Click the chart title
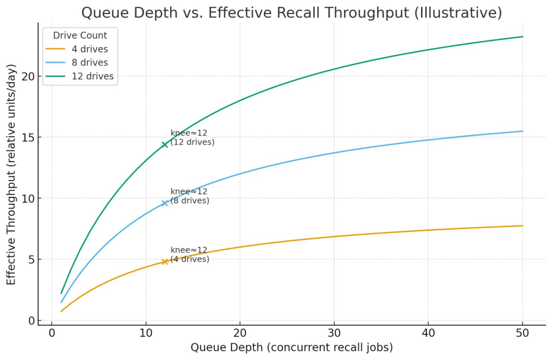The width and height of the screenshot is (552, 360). [291, 13]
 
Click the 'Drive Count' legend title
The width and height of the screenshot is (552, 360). [80, 35]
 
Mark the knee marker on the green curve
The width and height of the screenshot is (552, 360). [164, 144]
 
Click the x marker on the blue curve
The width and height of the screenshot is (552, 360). [164, 203]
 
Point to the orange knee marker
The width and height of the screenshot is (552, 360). [164, 261]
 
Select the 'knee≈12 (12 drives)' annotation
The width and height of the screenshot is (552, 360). [192, 137]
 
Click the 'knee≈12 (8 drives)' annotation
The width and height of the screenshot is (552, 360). [190, 196]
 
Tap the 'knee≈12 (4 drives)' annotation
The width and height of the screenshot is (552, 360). [190, 254]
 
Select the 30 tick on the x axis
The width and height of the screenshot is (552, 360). [334, 333]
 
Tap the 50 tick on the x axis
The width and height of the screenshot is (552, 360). [522, 333]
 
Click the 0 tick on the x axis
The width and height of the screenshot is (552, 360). [52, 333]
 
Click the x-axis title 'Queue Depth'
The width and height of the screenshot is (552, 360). [291, 347]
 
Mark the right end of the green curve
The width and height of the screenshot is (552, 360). [522, 37]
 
